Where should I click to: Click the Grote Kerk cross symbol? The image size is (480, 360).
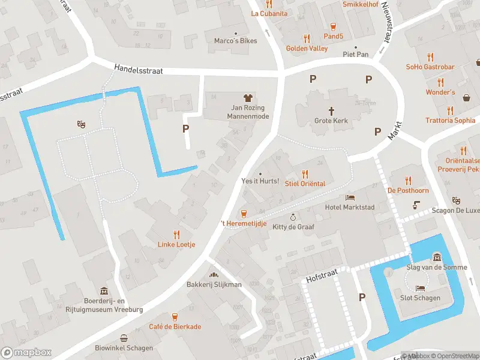click(x=331, y=110)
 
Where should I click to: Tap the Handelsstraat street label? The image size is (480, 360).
click(x=139, y=71)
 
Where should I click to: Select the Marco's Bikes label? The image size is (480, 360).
click(x=235, y=41)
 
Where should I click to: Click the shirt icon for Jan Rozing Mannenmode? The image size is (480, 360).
click(x=248, y=98)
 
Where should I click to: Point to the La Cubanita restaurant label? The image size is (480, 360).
click(x=269, y=13)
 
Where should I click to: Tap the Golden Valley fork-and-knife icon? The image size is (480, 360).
click(x=307, y=38)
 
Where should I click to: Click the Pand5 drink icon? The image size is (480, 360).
click(x=333, y=26)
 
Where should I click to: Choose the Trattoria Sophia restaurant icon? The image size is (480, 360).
click(x=450, y=110)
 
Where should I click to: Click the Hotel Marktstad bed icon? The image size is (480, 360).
click(x=350, y=197)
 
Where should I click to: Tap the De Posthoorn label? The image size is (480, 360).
click(x=408, y=190)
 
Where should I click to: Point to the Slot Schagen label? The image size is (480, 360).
click(x=420, y=298)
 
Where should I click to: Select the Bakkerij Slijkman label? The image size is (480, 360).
click(x=214, y=284)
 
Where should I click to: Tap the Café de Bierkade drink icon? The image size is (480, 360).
click(x=175, y=316)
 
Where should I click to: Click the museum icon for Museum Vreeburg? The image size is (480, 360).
click(x=104, y=291)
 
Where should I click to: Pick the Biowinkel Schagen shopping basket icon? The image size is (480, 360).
click(x=124, y=338)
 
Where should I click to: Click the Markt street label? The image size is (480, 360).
click(x=394, y=131)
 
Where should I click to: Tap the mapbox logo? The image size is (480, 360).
click(x=26, y=352)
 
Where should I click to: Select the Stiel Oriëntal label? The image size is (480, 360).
click(x=305, y=184)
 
